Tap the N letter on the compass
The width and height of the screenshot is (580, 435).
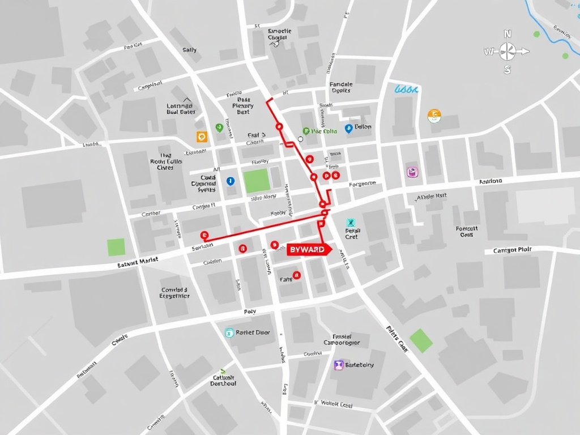(507, 33)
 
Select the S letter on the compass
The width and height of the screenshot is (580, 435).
(507, 70)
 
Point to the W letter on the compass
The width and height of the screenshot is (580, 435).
(488, 52)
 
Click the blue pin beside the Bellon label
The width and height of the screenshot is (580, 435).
(348, 129)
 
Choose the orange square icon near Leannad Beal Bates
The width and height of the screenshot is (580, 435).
(202, 137)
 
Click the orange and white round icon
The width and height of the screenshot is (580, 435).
(434, 116)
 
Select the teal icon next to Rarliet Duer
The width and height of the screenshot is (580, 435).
(229, 333)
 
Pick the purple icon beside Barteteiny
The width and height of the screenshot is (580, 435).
(339, 365)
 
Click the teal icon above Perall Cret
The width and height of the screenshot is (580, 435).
(351, 223)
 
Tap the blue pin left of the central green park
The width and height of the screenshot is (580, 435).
(230, 181)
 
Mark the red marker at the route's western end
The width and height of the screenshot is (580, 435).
(204, 235)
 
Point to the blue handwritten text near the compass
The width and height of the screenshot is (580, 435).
(406, 89)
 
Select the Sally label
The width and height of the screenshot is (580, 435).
(190, 50)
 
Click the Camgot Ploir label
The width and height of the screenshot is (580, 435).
(512, 250)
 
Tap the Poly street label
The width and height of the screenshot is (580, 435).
(250, 312)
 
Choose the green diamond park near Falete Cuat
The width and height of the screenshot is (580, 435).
(421, 340)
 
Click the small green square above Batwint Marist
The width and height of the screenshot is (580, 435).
(116, 247)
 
